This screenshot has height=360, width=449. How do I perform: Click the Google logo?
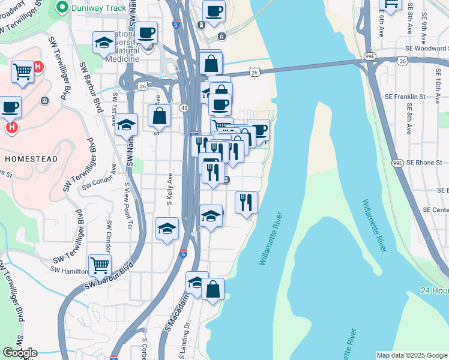pos(20,353)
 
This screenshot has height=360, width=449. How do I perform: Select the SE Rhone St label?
pos(424,163)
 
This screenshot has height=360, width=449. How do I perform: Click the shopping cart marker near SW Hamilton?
pos(100,265)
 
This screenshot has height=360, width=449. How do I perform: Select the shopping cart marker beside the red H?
pos(22,72)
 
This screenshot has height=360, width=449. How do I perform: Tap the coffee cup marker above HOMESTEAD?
pos(10,108)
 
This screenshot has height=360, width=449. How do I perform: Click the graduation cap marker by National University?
pos(104,43)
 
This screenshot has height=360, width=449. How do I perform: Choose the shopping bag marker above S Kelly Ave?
pos(160,115)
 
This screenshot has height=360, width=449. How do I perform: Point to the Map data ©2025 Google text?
pos(412,355)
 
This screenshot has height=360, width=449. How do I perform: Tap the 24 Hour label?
pos(435,290)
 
